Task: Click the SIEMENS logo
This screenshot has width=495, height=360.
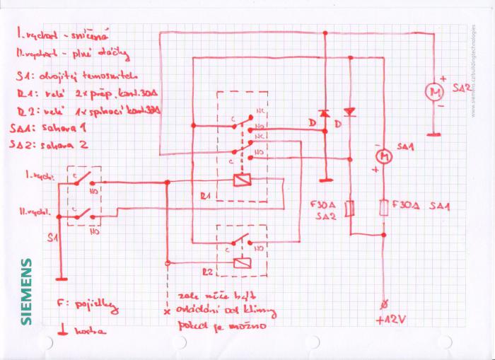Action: [x=26, y=291]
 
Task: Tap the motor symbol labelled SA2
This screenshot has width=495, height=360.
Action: [x=433, y=91]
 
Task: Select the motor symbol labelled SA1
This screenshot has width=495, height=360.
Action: [x=383, y=154]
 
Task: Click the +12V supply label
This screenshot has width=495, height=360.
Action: [x=390, y=320]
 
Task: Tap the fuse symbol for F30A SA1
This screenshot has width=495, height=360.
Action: [x=383, y=209]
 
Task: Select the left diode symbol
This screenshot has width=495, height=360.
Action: [x=324, y=113]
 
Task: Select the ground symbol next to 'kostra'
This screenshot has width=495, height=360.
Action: [x=62, y=330]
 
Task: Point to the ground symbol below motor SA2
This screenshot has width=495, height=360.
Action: [x=433, y=132]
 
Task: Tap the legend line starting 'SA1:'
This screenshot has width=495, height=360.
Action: [x=49, y=128]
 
